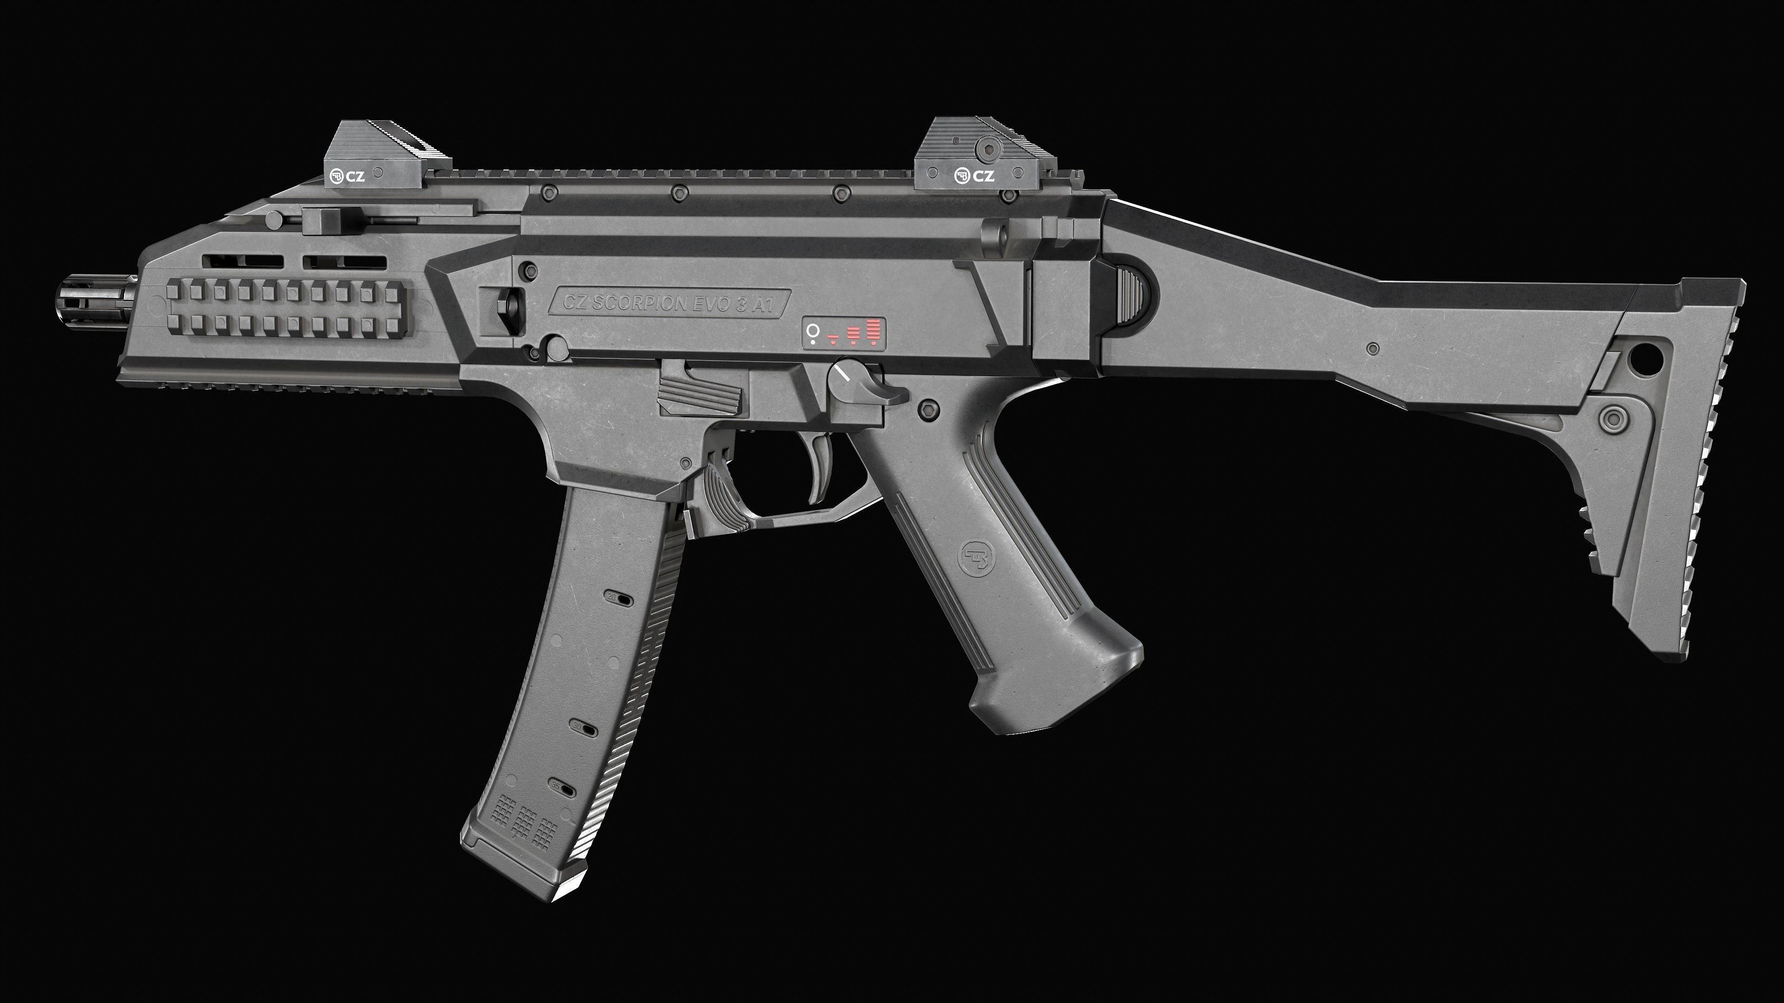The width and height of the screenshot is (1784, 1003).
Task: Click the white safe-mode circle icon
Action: pyautogui.click(x=813, y=332)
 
